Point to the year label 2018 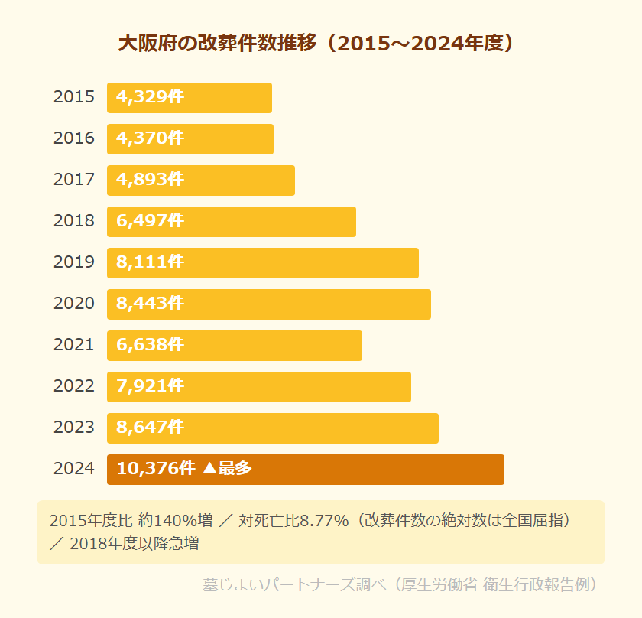point(74,221)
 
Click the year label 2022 point(74,386)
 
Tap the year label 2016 point(74,138)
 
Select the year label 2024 point(74,469)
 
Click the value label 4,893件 point(150,180)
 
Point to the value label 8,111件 point(150,262)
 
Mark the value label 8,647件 point(150,428)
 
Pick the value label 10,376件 point(156,469)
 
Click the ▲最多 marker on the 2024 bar point(228,469)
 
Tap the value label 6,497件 point(150,221)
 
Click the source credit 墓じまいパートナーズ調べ point(297,585)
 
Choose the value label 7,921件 point(150,386)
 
